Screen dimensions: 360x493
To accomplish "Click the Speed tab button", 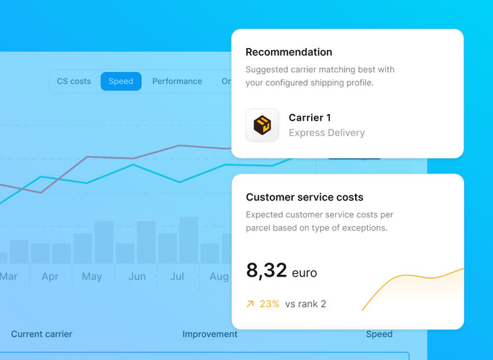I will [121, 81].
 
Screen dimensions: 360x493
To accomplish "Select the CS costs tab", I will [74, 81].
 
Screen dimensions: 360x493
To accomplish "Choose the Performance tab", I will [177, 81].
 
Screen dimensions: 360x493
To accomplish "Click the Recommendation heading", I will [288, 52].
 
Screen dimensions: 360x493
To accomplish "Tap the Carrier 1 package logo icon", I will [263, 126].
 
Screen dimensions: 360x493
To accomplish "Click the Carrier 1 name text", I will [309, 118].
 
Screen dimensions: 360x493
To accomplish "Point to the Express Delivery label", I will [327, 133].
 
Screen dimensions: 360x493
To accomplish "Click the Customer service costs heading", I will [304, 197].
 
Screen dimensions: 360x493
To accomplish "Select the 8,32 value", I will [266, 270].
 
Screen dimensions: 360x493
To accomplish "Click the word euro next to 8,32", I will [304, 272].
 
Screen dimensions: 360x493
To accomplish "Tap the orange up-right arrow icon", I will [250, 304].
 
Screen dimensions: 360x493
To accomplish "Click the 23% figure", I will [269, 304].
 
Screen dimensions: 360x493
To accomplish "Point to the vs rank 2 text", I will [306, 304].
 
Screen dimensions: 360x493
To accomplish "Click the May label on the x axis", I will [92, 277].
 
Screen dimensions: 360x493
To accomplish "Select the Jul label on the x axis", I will [177, 277].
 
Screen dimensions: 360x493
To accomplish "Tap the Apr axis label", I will [50, 277].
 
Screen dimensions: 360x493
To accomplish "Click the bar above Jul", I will [188, 240].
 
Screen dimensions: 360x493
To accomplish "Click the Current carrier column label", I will [41, 334].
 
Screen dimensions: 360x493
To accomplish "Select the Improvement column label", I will [210, 334].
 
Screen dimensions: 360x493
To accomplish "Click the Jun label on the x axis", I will [137, 277].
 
